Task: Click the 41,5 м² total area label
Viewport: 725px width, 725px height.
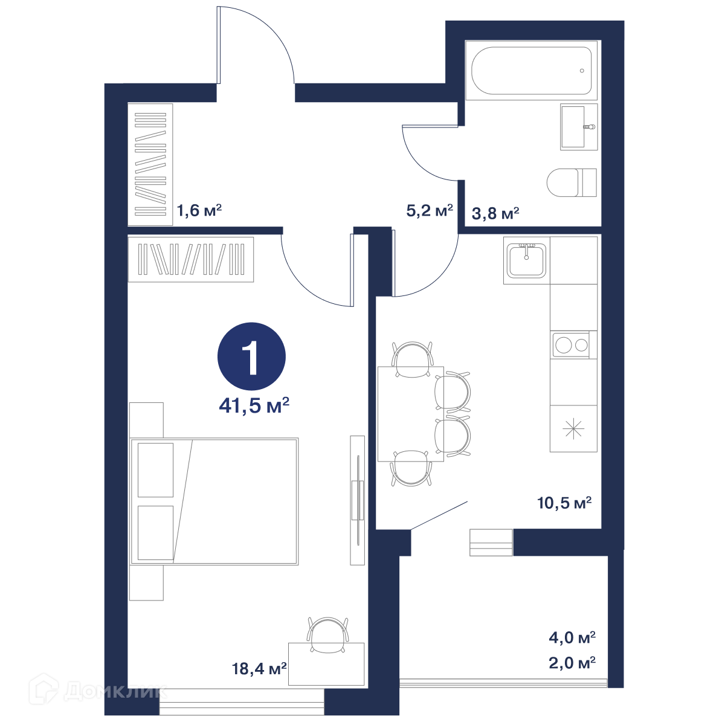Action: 254,405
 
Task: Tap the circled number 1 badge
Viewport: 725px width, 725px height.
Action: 252,356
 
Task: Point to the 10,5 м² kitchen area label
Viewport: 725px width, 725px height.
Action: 564,503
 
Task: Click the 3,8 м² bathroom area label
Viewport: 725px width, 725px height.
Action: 495,213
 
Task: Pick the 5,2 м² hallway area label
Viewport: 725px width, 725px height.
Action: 430,210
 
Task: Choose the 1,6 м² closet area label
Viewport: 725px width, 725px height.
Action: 199,210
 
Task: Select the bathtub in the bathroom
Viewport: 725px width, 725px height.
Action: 531,70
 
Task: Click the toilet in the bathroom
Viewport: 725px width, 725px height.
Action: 572,182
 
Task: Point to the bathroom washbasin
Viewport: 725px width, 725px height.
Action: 579,127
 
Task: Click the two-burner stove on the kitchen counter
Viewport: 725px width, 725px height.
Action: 571,344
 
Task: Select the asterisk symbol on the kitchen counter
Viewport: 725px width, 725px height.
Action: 573,428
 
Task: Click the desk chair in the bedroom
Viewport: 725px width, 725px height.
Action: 327,634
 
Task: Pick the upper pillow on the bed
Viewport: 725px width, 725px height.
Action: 155,470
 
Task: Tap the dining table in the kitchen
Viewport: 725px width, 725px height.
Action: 410,414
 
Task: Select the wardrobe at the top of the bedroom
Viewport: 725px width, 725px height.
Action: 191,259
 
